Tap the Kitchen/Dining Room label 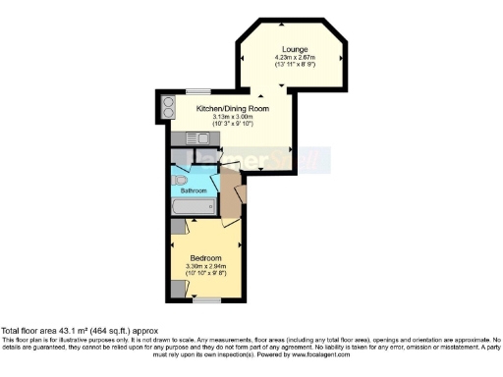[226, 108]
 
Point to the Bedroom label [206, 258]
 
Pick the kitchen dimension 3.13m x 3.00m [226, 116]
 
